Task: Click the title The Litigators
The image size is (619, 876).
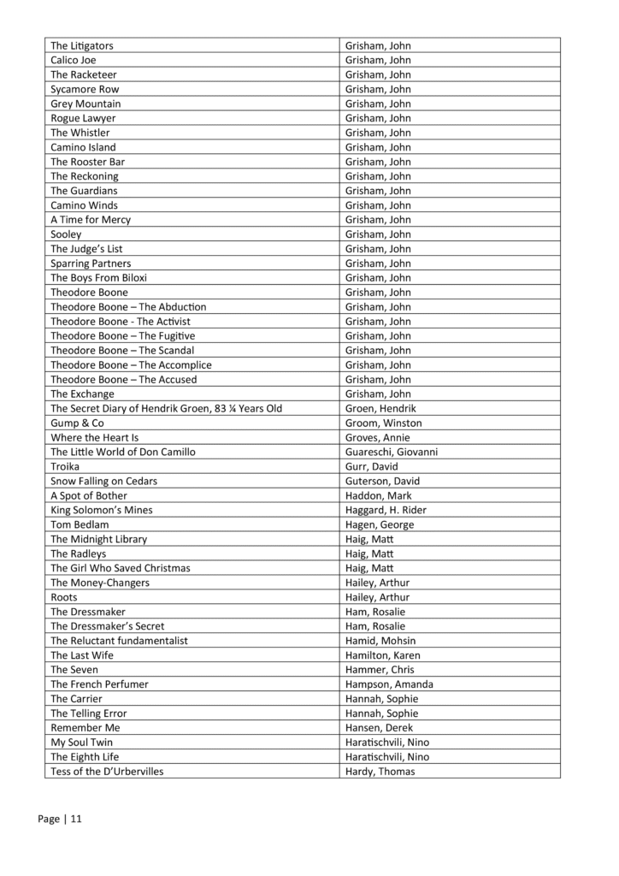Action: pos(82,45)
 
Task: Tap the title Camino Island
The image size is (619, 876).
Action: pos(83,147)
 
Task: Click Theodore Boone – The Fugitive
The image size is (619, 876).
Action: pos(123,336)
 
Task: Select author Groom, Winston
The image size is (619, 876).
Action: pos(383,423)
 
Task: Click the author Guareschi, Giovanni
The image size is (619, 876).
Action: pos(392,453)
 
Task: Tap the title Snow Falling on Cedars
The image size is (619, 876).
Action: pos(104,482)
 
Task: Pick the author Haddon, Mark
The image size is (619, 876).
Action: pos(377,496)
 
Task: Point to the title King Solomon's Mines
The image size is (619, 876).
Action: pos(102,511)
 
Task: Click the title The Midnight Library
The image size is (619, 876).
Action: pos(99,540)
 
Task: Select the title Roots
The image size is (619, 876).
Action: pos(64,598)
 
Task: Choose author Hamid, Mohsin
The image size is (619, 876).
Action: pos(379,641)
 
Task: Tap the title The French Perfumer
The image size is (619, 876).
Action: pos(99,684)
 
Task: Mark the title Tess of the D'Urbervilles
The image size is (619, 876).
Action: pos(107,772)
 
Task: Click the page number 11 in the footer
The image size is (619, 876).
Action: pos(76,819)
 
